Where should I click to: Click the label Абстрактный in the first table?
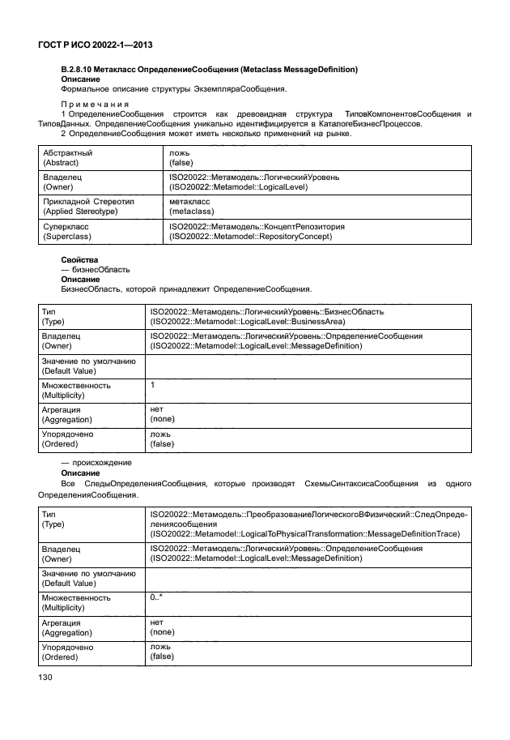67,153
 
